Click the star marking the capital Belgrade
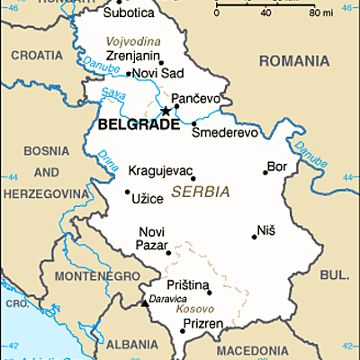(165, 111)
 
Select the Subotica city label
(128, 13)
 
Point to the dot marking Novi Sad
(128, 74)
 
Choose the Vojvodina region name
(133, 41)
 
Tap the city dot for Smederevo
(193, 123)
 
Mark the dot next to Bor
(265, 170)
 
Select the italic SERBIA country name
(199, 192)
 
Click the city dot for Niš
(253, 237)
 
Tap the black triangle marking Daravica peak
(144, 303)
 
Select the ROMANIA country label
(292, 60)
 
